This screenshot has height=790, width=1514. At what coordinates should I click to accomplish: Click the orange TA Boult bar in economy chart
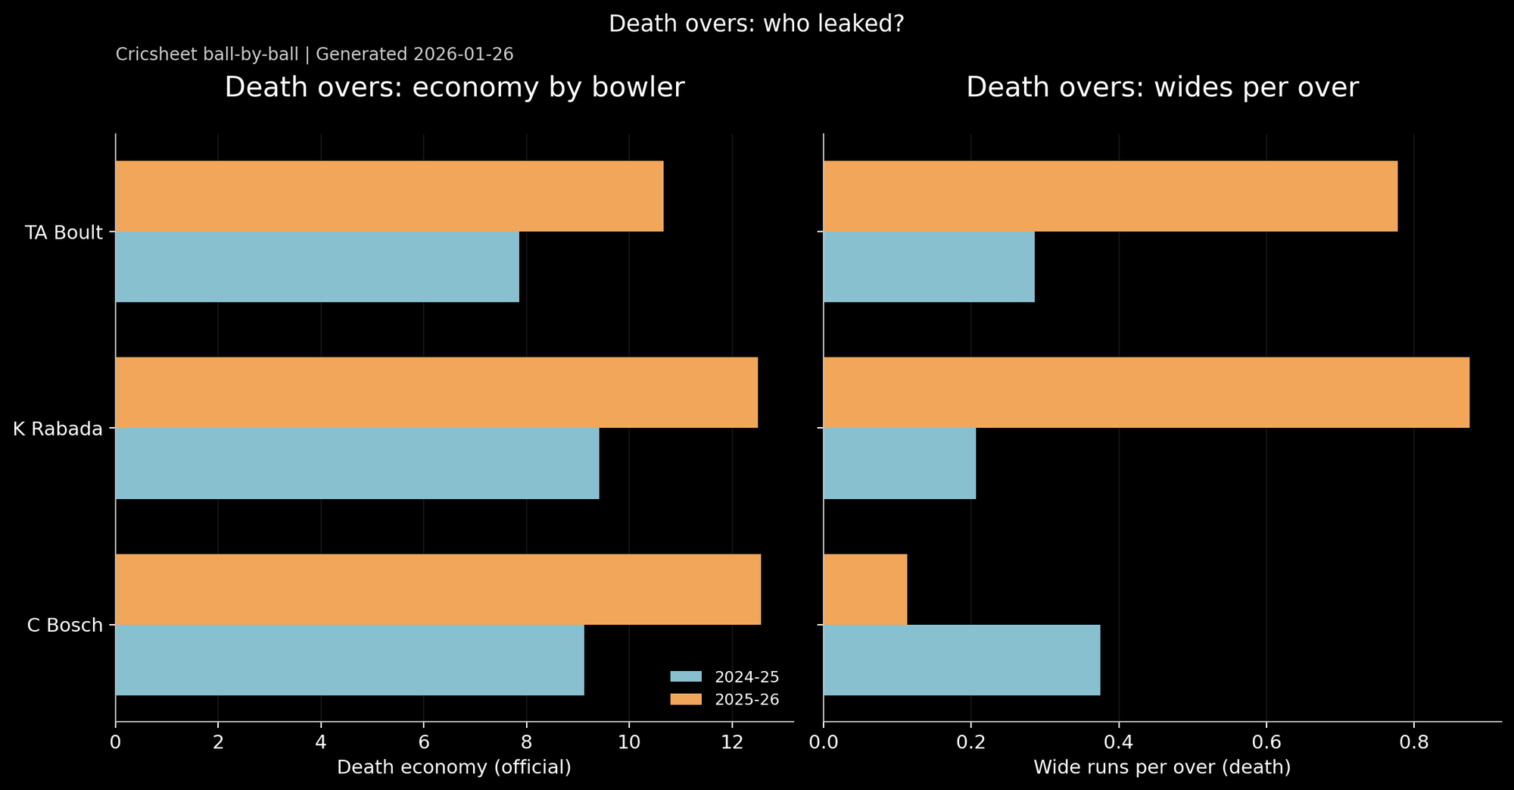[389, 196]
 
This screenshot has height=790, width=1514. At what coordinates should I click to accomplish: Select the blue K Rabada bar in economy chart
[357, 464]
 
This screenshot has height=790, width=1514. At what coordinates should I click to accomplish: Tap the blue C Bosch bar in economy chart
[349, 660]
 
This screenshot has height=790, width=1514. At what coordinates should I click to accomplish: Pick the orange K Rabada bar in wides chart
[1146, 392]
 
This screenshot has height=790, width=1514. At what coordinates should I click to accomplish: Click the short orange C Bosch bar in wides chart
[865, 589]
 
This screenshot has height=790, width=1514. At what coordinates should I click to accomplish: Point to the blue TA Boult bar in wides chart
[929, 267]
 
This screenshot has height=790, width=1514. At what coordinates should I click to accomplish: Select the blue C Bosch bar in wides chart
[961, 660]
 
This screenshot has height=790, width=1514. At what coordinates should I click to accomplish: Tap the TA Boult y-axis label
[64, 233]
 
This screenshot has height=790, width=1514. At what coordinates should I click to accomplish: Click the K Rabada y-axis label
[58, 429]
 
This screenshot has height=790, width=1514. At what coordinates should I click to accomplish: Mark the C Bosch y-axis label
[65, 626]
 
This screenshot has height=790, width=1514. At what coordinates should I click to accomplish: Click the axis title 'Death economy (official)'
[453, 767]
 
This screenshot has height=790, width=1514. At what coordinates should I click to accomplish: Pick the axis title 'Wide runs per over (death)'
[1162, 767]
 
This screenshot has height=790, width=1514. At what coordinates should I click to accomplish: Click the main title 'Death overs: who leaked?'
[756, 24]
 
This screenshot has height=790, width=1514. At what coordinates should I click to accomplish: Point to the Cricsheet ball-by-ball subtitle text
[314, 55]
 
